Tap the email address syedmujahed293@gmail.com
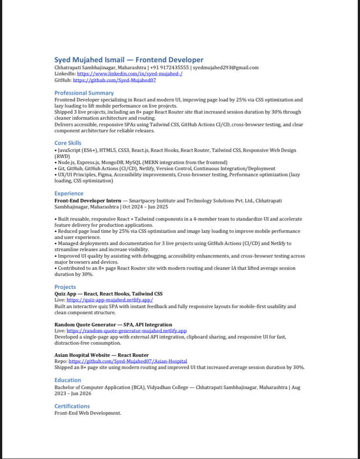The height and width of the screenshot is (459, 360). (226, 68)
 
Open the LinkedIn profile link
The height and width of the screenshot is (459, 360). (130, 74)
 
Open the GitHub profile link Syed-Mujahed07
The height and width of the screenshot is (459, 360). (114, 80)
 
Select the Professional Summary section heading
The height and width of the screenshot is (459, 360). (84, 93)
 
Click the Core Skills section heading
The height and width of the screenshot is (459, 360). (68, 143)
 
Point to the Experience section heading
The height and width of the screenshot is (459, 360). (69, 194)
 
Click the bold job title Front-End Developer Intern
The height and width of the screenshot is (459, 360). (88, 201)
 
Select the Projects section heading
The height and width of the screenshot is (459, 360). (65, 287)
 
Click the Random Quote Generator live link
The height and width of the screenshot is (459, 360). (127, 331)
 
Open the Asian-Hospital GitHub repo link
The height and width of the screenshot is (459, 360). (128, 362)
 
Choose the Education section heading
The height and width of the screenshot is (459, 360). (68, 380)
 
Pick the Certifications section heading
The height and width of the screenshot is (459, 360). (72, 406)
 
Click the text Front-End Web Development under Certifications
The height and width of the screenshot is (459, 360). (87, 413)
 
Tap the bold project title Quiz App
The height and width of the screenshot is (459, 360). (65, 294)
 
